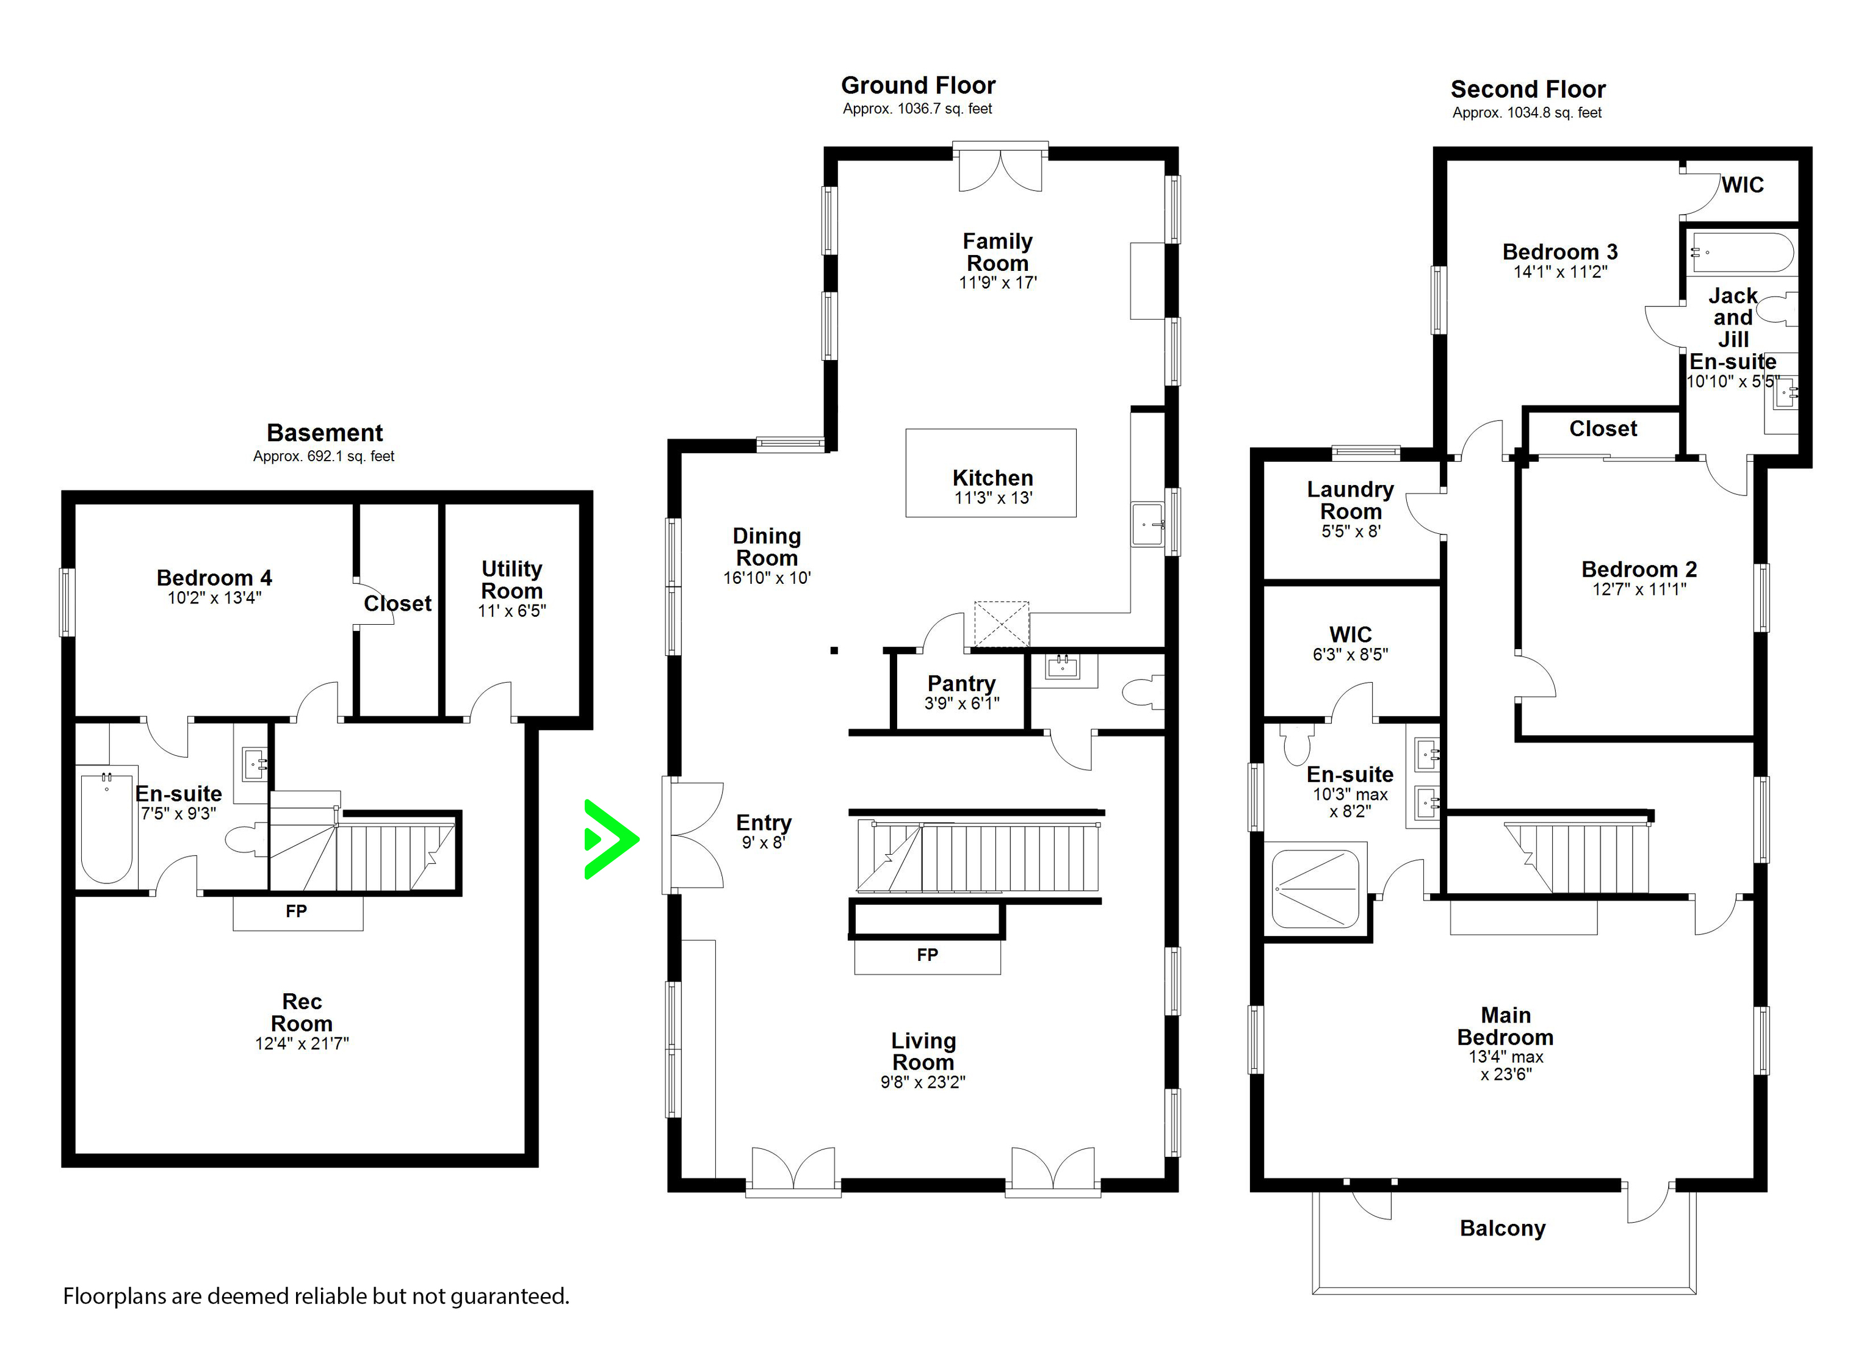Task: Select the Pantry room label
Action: tap(961, 683)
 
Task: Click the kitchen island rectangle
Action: tap(991, 473)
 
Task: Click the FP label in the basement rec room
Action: tap(296, 911)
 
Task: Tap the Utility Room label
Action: tap(511, 580)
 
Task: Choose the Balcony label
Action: tap(1502, 1228)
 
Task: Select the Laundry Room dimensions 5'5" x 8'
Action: tap(1351, 531)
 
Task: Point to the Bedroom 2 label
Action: tap(1639, 569)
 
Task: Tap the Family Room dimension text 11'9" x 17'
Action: tap(997, 282)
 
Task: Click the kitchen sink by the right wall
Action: tap(1147, 524)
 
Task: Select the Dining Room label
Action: tap(767, 547)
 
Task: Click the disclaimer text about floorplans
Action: tap(316, 1296)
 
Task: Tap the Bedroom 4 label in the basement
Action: tap(214, 578)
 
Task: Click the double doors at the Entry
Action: tap(693, 835)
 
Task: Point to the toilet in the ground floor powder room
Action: tap(1143, 692)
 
